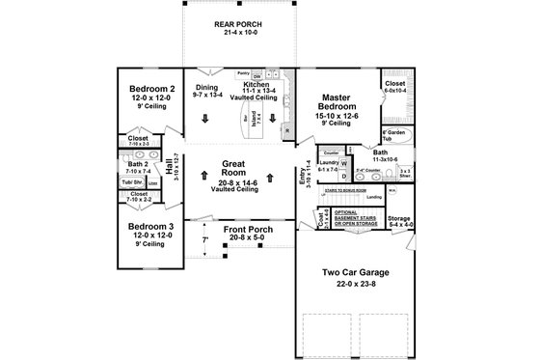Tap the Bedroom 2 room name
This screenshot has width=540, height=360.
point(150,90)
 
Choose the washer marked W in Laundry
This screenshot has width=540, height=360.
point(344,163)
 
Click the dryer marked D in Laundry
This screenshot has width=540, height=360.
point(344,176)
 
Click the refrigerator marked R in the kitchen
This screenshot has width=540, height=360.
point(287,130)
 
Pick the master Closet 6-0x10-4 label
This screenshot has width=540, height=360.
point(396,85)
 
